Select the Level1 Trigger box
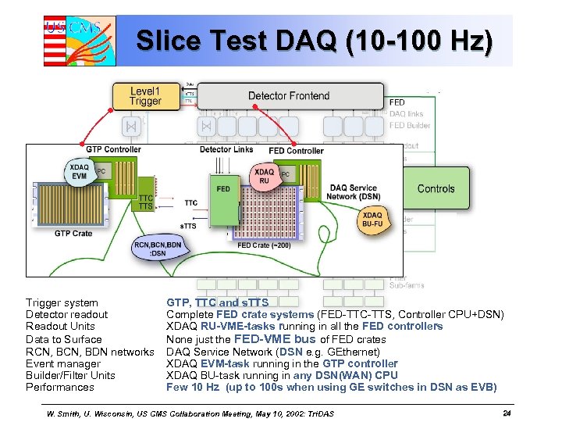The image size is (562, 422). tap(146, 96)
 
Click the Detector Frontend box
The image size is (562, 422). tap(289, 96)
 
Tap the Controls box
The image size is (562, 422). tap(436, 188)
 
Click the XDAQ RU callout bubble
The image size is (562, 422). tap(264, 177)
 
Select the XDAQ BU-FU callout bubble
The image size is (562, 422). tap(372, 220)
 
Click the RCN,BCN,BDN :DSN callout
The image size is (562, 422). tap(159, 248)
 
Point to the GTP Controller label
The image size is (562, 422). tap(113, 149)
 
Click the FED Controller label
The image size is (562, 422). tap(296, 151)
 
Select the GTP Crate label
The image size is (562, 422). tap(73, 234)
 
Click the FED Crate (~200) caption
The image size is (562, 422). tap(264, 245)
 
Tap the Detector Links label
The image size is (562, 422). tap(226, 149)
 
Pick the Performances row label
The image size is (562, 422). tap(60, 387)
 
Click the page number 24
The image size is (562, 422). tap(507, 413)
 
